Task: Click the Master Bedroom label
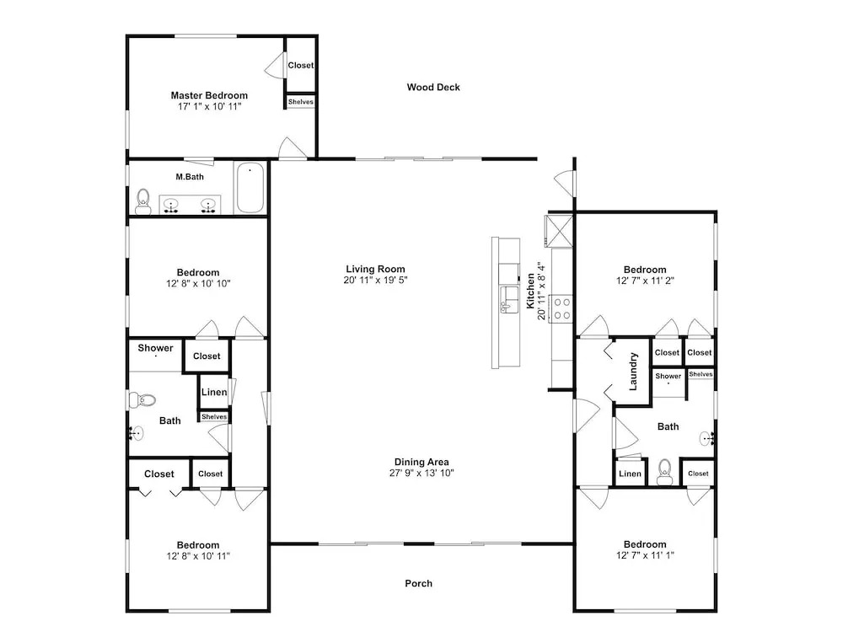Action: tap(209, 95)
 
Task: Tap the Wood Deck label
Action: tap(433, 87)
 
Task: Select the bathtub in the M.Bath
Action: tap(250, 188)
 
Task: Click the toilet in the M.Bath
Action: tap(143, 201)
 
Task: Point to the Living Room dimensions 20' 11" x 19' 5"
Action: tap(376, 280)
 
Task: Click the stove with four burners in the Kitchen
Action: tap(562, 308)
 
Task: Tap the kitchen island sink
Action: tap(507, 299)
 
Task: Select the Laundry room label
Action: tap(633, 372)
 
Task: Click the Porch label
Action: tap(419, 583)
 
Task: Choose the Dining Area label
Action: tap(421, 462)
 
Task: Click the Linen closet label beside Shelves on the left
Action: tap(214, 392)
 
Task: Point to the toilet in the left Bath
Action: tap(142, 400)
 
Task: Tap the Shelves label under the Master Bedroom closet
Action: tap(301, 102)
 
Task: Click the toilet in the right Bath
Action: tap(664, 472)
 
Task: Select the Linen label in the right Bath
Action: tap(630, 474)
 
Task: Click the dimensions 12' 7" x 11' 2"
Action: tap(645, 281)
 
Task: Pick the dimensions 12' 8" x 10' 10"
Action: tap(198, 283)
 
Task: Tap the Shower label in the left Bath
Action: tap(155, 348)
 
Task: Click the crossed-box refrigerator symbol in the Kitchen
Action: tap(559, 231)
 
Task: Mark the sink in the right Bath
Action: tap(707, 438)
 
